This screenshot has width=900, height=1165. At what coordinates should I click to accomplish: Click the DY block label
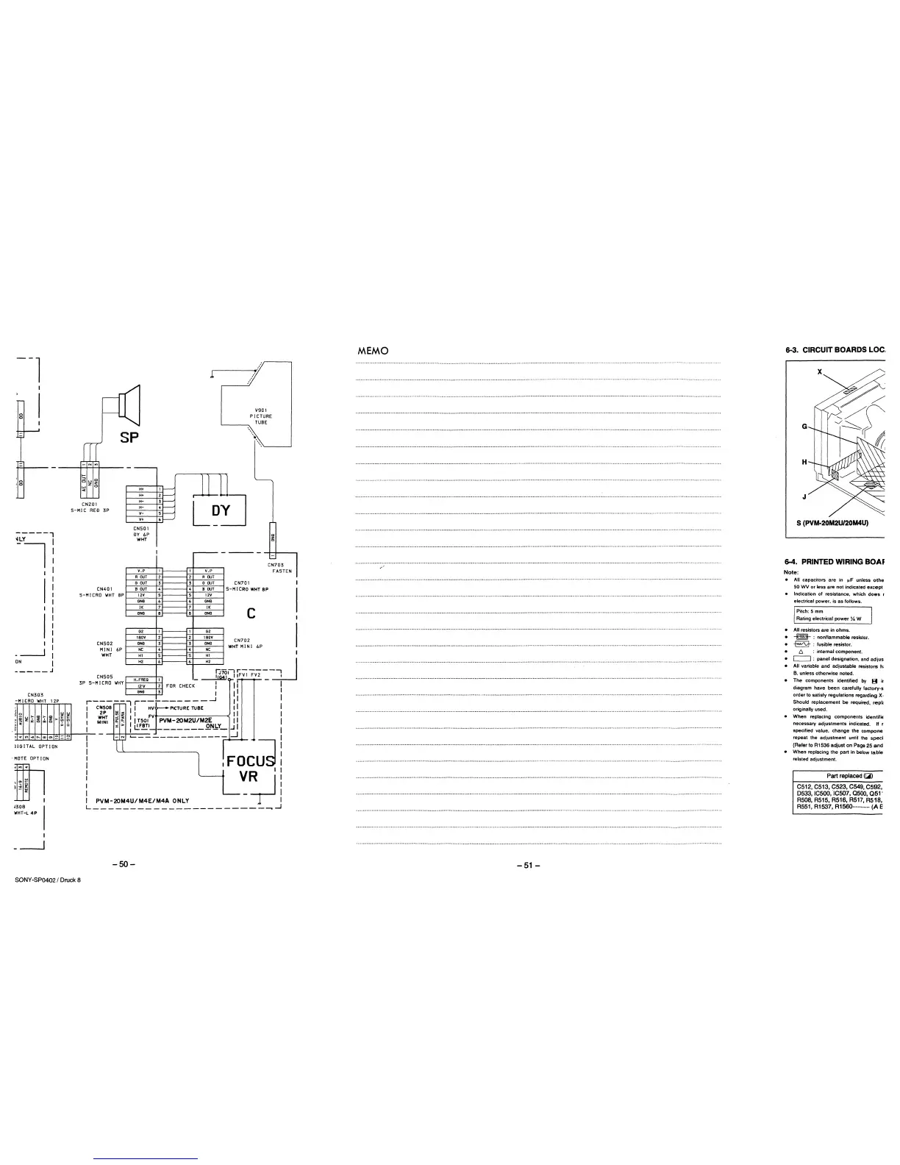tap(220, 510)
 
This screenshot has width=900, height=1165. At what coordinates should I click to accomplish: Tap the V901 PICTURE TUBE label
tap(262, 417)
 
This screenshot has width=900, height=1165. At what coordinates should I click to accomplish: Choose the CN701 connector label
tap(243, 582)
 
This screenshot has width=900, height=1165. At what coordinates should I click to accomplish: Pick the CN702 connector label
tap(243, 640)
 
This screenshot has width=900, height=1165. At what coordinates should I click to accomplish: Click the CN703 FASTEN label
tap(280, 568)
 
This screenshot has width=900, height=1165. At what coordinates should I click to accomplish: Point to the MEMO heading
tap(372, 350)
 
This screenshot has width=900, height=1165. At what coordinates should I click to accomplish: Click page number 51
tap(529, 865)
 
